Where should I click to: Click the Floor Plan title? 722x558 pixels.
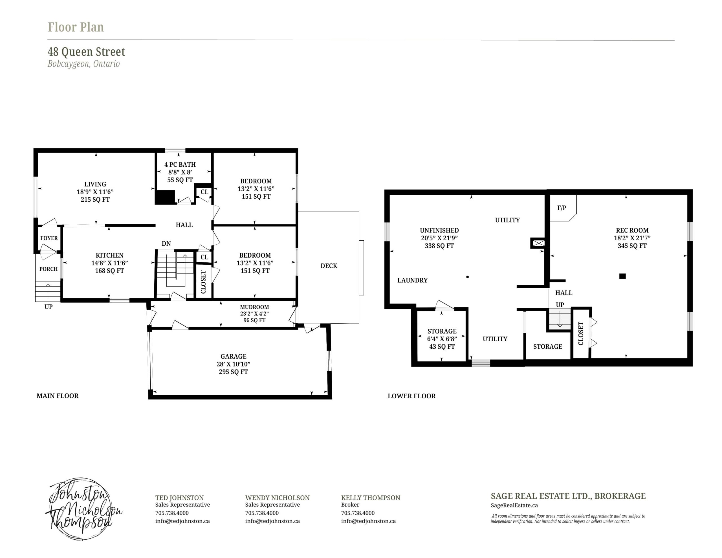click(x=76, y=27)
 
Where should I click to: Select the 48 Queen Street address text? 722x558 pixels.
click(x=86, y=52)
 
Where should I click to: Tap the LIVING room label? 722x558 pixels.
click(x=95, y=184)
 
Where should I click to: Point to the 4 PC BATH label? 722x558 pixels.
click(x=180, y=164)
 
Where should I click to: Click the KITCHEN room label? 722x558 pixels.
click(x=109, y=255)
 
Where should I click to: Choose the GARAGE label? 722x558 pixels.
click(x=234, y=356)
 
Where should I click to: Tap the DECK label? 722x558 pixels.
click(x=329, y=266)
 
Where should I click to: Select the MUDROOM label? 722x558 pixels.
click(x=255, y=307)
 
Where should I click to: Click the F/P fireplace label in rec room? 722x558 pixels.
click(x=562, y=208)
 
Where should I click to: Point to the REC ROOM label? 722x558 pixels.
click(x=632, y=230)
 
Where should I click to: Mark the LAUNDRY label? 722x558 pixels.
click(x=413, y=280)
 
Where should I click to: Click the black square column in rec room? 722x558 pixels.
click(x=622, y=276)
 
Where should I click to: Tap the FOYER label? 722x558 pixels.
click(x=49, y=238)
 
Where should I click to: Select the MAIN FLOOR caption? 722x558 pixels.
click(x=58, y=396)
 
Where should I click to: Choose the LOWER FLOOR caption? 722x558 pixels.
click(x=411, y=396)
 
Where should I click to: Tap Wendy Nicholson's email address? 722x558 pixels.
click(x=272, y=521)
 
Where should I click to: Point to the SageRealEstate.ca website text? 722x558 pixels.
click(x=514, y=506)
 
